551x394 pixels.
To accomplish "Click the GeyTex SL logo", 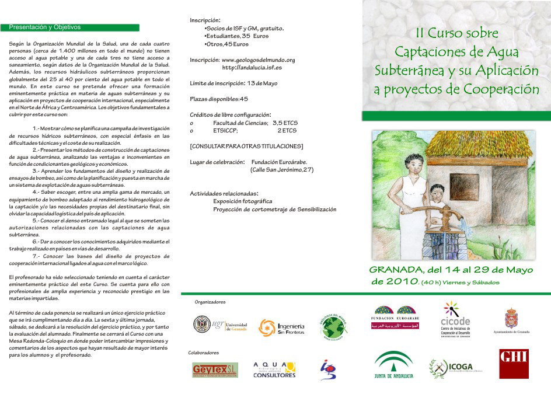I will coord(215,370).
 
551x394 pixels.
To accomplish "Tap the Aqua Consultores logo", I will coord(274,369).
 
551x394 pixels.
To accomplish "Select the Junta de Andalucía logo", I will coord(393,366).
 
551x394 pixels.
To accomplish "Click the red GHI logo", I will coord(514,364).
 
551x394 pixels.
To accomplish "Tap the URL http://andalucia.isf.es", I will coord(252,68).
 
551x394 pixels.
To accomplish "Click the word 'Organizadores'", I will coord(210,302).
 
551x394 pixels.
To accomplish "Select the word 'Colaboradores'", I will coord(204,353).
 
